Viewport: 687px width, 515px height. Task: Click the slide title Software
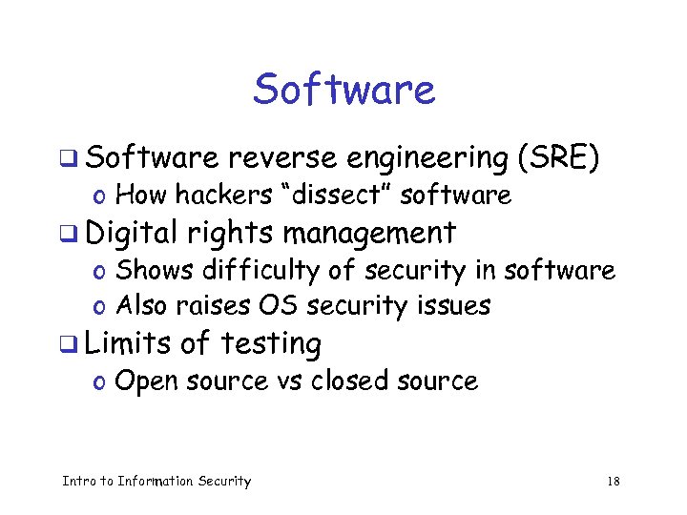(x=343, y=91)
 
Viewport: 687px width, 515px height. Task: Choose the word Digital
(x=137, y=233)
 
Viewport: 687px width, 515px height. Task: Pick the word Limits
(x=135, y=342)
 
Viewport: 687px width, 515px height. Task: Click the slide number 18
(x=614, y=482)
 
